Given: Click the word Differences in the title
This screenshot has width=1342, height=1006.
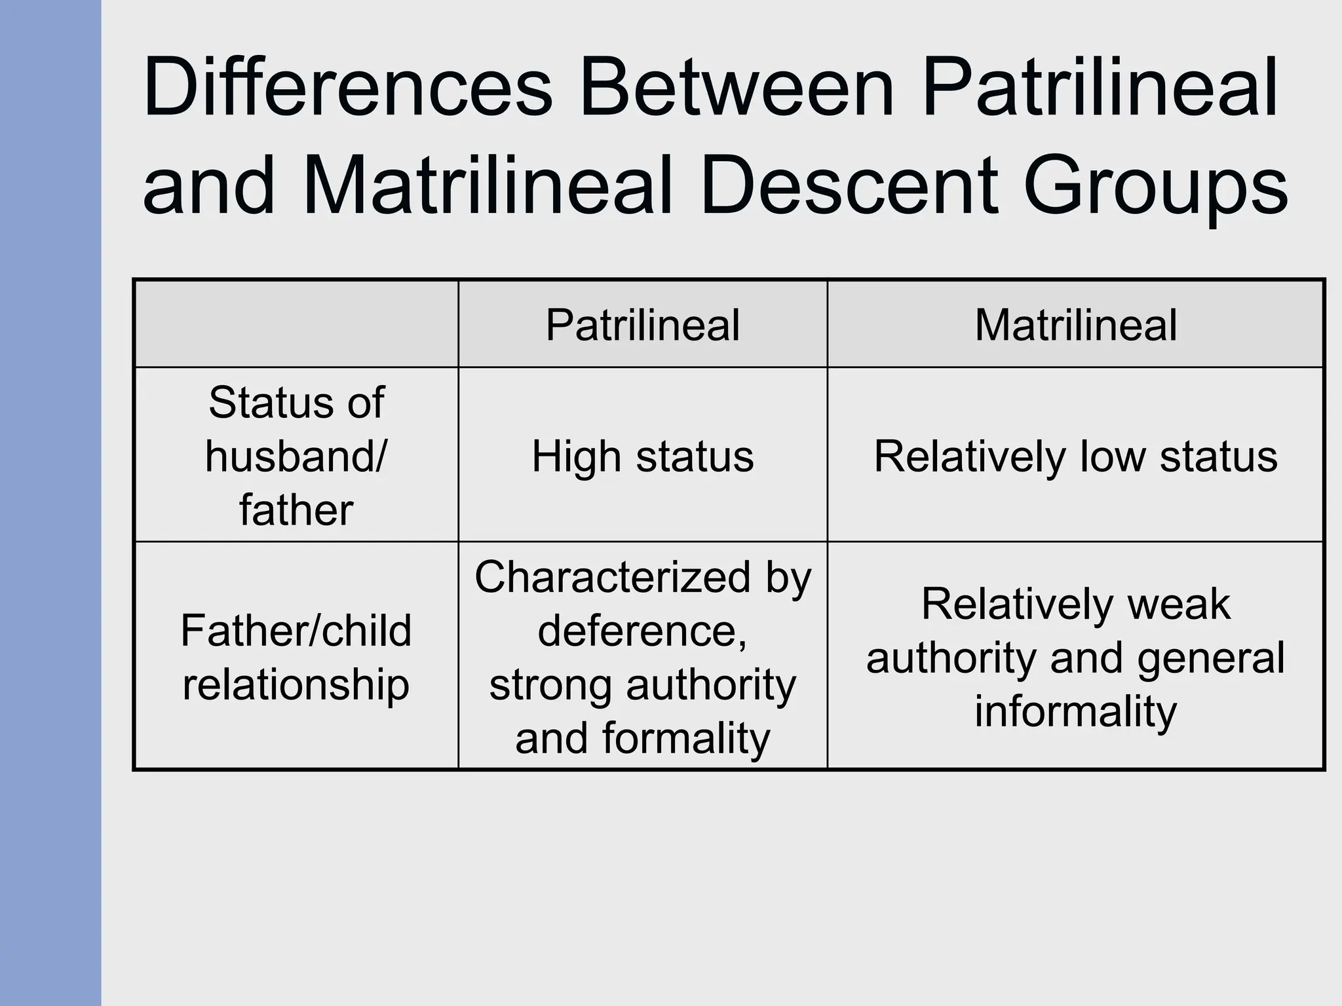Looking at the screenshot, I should click(x=348, y=88).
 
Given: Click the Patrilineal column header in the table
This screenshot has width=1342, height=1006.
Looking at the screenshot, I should click(x=642, y=325).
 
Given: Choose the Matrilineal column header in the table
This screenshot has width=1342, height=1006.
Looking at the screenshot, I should click(x=1075, y=325).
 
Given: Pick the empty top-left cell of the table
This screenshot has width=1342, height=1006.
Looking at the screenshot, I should click(x=296, y=324).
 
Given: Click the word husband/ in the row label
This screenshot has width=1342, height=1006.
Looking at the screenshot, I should click(x=296, y=456).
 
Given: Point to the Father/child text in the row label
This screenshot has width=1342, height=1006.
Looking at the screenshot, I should click(x=296, y=631).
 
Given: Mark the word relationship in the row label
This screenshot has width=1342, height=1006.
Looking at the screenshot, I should click(x=296, y=684).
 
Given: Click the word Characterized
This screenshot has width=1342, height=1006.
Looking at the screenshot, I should click(x=612, y=578).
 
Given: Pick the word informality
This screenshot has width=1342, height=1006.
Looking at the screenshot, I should click(x=1075, y=711).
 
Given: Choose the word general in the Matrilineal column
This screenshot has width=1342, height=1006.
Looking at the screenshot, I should click(x=1210, y=659).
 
